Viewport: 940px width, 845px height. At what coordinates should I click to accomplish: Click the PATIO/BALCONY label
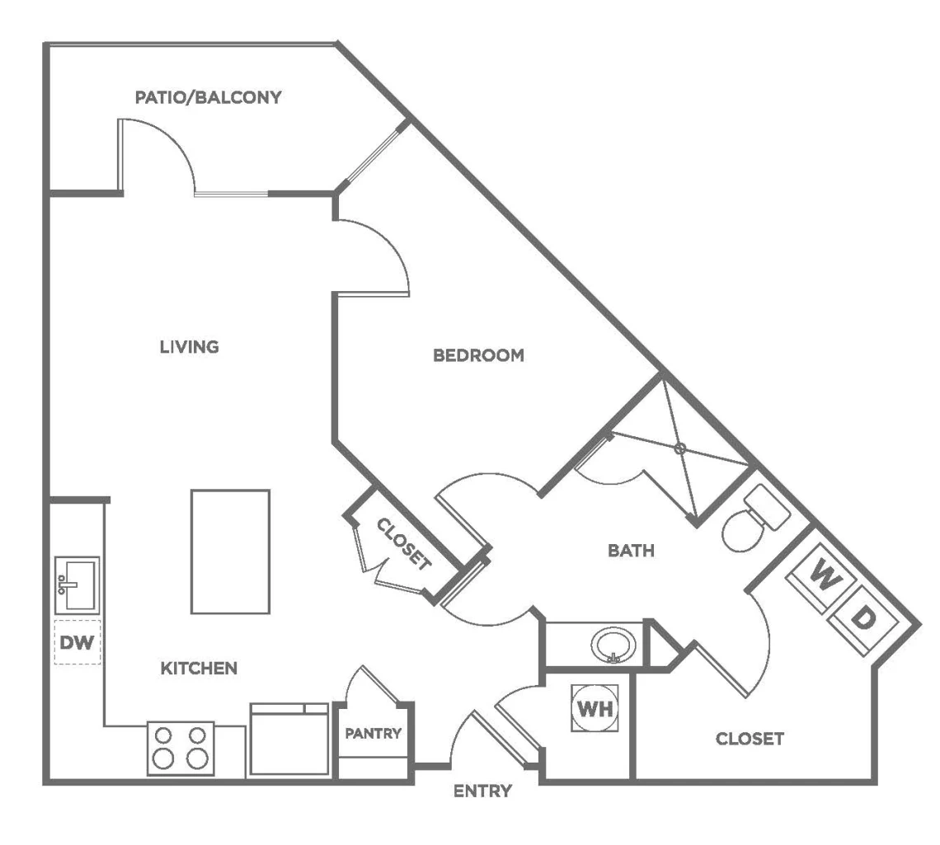coord(208,97)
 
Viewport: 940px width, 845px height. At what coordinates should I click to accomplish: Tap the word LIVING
coord(190,346)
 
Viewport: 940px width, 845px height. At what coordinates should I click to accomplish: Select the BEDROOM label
coord(478,355)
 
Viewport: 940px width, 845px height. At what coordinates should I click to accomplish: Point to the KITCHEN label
coord(199,669)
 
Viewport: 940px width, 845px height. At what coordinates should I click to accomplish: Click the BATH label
coord(631,550)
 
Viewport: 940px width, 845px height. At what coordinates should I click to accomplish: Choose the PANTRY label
coord(373,733)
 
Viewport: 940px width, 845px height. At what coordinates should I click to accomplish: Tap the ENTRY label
coord(482,791)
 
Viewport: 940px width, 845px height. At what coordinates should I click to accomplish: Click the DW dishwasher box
coord(78,642)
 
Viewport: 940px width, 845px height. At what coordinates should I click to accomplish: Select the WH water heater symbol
coord(595,708)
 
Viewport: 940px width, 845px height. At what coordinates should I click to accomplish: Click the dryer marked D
coord(862,620)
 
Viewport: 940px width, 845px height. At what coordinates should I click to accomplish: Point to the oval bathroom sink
coord(613,645)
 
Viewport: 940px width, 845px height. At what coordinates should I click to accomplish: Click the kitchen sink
coord(78,585)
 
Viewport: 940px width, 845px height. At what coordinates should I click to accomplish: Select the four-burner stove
coord(181,749)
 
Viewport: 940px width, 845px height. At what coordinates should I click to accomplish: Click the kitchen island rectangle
coord(230,552)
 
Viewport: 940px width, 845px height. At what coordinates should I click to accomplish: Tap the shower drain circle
coord(679,448)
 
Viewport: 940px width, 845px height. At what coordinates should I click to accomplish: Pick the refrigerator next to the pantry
coord(289,739)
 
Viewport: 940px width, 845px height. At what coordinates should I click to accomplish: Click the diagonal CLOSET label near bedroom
coord(403,544)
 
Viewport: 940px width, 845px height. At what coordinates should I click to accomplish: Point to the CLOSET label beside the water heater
coord(750,739)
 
